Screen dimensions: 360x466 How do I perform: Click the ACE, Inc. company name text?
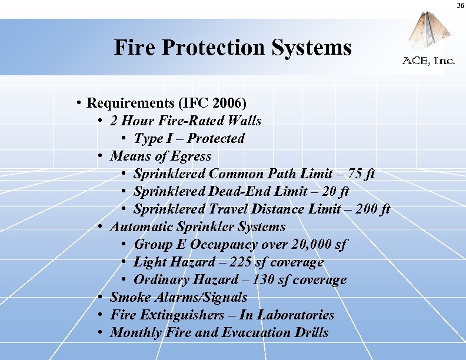tap(428, 61)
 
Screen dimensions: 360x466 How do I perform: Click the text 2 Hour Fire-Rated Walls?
tap(185, 121)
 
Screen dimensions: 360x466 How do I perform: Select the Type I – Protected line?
tap(189, 139)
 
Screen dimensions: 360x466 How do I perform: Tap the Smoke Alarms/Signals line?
tap(178, 298)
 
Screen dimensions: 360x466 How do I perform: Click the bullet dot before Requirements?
tap(78, 104)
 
